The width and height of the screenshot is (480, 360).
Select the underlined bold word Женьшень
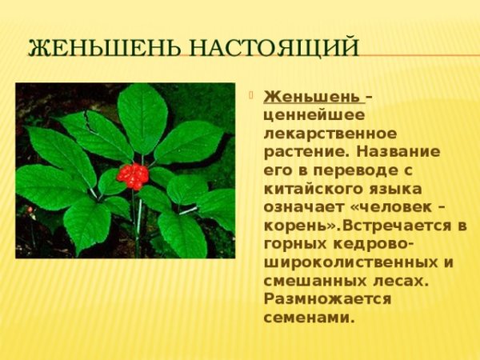pos(312,97)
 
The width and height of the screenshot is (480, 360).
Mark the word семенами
pos(308,317)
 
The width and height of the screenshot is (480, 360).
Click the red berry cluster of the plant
pos(133,175)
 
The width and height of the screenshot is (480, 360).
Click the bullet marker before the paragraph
pos(254,96)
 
